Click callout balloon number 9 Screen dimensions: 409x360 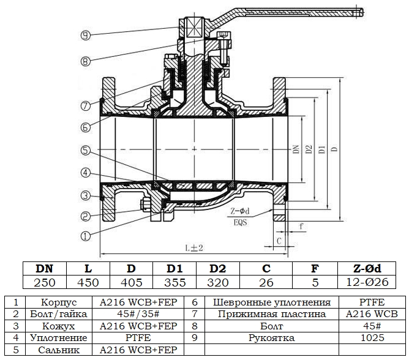[85, 36]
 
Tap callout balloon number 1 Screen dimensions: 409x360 [85, 236]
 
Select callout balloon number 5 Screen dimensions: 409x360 [85, 151]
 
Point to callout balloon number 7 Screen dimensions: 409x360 [85, 106]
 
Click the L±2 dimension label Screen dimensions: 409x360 [194, 247]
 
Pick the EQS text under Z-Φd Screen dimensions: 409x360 [240, 222]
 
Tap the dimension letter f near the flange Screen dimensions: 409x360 [301, 226]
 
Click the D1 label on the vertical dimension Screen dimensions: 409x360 [323, 149]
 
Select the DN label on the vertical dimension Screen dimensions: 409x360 [296, 149]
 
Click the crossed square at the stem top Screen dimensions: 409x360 [194, 28]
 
